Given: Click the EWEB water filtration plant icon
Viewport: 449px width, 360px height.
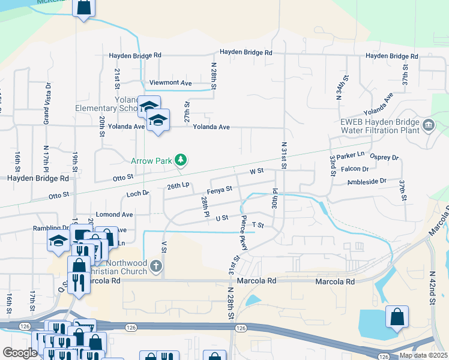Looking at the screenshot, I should (x=429, y=125).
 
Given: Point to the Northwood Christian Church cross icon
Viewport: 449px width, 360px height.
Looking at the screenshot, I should (x=156, y=266).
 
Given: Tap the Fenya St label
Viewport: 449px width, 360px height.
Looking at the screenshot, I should (x=220, y=189).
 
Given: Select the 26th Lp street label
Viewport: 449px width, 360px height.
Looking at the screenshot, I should (x=178, y=186).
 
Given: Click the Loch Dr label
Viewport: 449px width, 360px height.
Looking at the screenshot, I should (x=137, y=194).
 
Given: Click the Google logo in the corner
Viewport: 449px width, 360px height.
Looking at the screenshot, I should (x=19, y=353).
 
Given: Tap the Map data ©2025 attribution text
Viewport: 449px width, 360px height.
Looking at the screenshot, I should (x=423, y=356).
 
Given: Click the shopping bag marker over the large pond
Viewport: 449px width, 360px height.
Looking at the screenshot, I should (x=397, y=317).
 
